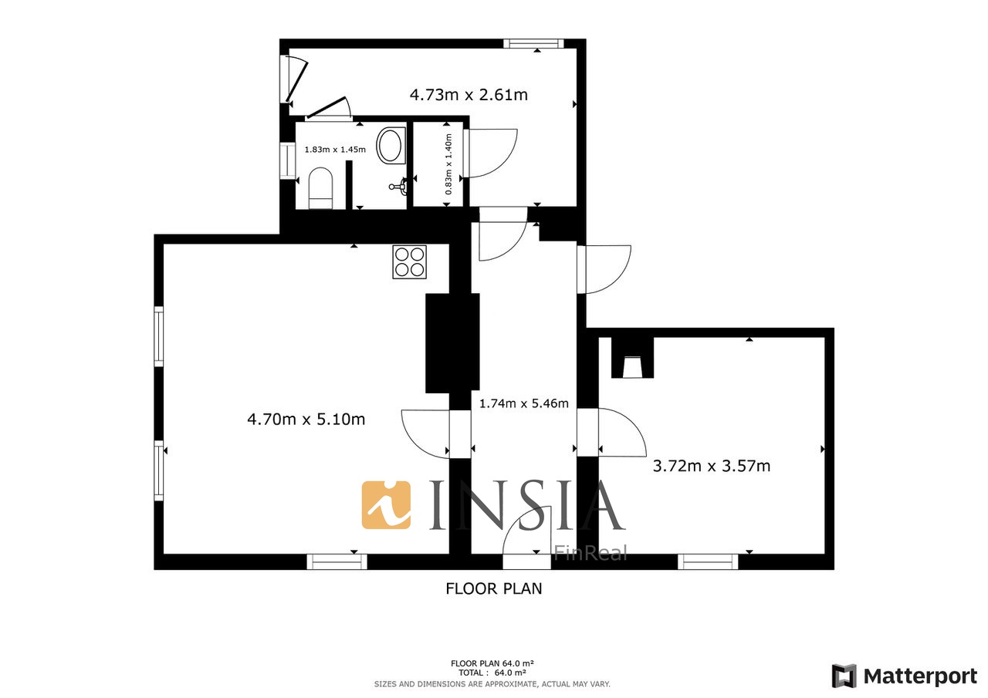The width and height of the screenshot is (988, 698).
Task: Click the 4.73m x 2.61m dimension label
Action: [469, 95]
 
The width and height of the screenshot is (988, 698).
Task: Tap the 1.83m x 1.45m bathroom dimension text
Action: [335, 150]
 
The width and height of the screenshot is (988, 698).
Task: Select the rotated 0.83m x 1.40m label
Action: [448, 164]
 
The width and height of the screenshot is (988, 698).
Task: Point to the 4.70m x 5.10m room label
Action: [306, 419]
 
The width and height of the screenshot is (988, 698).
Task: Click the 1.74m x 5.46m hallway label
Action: [523, 403]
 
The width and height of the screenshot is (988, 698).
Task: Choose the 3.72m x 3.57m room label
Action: [712, 466]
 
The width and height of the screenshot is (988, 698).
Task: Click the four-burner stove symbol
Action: [409, 262]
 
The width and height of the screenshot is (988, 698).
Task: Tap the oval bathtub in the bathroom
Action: [391, 146]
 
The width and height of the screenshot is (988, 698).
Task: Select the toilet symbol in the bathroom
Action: [320, 188]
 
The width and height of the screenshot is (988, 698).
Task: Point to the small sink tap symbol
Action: [400, 187]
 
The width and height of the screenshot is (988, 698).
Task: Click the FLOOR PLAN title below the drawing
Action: [493, 588]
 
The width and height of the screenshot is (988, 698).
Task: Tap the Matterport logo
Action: [904, 676]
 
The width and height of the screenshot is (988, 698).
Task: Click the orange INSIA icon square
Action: [386, 505]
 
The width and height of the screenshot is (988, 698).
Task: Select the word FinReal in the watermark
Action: [590, 552]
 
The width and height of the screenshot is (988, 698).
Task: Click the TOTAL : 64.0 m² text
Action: [492, 673]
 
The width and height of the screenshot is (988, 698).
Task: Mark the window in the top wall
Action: [533, 44]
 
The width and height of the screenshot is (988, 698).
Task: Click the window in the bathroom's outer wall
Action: [288, 161]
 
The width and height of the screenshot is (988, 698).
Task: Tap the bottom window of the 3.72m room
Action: [708, 561]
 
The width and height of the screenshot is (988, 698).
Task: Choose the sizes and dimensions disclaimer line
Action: [492, 684]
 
